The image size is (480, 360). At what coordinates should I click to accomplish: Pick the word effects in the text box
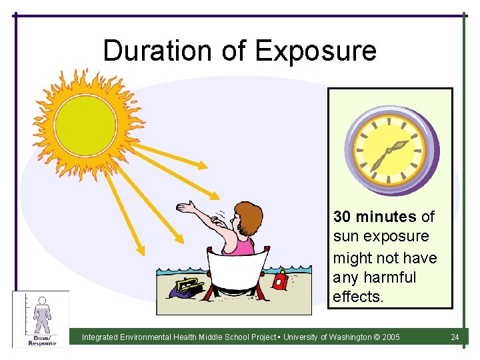click(357, 297)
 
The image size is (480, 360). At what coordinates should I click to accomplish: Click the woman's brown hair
click(248, 215)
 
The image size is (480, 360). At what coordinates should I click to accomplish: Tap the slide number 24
click(455, 337)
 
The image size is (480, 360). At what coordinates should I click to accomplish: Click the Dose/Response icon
click(41, 319)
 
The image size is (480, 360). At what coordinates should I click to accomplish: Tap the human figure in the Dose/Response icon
click(43, 315)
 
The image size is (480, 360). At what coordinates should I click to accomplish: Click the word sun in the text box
click(345, 237)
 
